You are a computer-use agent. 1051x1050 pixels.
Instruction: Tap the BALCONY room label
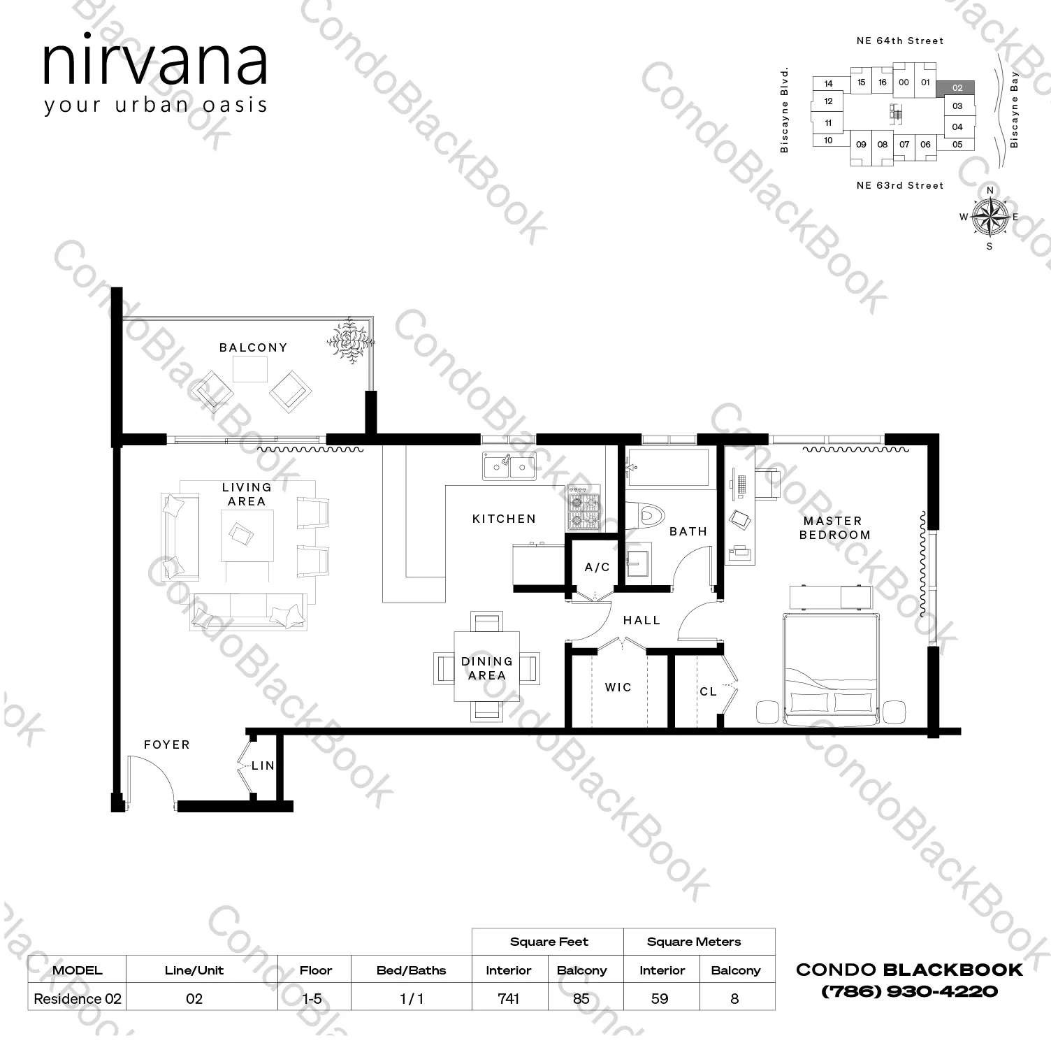(x=253, y=347)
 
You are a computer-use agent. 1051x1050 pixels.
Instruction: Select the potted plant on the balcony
(x=349, y=340)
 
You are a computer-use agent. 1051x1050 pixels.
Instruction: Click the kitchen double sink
(x=509, y=466)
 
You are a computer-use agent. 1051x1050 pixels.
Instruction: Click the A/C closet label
(x=597, y=567)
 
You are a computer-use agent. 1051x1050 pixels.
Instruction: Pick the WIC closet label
(x=618, y=688)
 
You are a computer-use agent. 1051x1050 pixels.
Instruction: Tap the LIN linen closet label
(x=263, y=766)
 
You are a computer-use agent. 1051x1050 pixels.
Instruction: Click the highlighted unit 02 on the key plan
(x=957, y=88)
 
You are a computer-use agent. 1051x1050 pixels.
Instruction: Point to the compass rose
(x=990, y=217)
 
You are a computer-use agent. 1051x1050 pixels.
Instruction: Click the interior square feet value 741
(x=509, y=999)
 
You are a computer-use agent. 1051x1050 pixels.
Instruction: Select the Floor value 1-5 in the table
(x=312, y=999)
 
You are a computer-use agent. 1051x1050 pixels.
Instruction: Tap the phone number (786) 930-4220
(x=909, y=991)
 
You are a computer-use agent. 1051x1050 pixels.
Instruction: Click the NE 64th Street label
(x=900, y=41)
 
